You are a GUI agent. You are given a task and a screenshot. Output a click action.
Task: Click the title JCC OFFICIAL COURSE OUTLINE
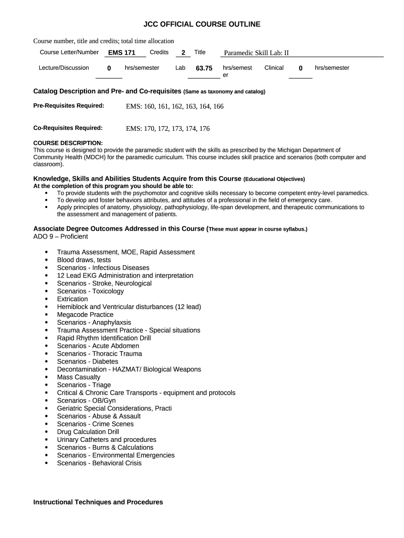pos(202,24)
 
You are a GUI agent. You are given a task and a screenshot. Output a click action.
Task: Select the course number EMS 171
pos(122,53)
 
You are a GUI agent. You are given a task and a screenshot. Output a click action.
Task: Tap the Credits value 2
pos(183,53)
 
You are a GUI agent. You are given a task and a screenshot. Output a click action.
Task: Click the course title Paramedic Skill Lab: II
pos(257,53)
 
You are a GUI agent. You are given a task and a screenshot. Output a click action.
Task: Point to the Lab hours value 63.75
pos(204,68)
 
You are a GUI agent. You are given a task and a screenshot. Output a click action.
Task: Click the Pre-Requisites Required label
pos(69,106)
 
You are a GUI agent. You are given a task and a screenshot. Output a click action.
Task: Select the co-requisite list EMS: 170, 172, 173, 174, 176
pos(168,128)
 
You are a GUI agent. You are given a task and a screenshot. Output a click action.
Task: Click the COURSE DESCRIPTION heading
pos(68,143)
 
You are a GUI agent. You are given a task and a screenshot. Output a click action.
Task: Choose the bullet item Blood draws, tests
pos(84,260)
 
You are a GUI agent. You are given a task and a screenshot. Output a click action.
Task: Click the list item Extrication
pos(72,299)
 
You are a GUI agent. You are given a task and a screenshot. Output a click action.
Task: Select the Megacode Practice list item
pos(85,315)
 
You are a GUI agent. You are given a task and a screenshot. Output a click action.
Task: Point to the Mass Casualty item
pos(79,377)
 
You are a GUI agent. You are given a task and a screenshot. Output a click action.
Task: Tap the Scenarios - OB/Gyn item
pos(87,400)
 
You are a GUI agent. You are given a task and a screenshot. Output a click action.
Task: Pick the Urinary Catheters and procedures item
pos(107,440)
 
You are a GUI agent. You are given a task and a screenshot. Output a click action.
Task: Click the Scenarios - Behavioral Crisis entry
pos(99,463)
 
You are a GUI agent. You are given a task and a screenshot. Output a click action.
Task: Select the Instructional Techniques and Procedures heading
pos(98,502)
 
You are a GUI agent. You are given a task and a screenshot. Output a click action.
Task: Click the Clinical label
pos(274,68)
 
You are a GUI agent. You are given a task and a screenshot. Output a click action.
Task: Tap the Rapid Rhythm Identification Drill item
pos(104,338)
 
